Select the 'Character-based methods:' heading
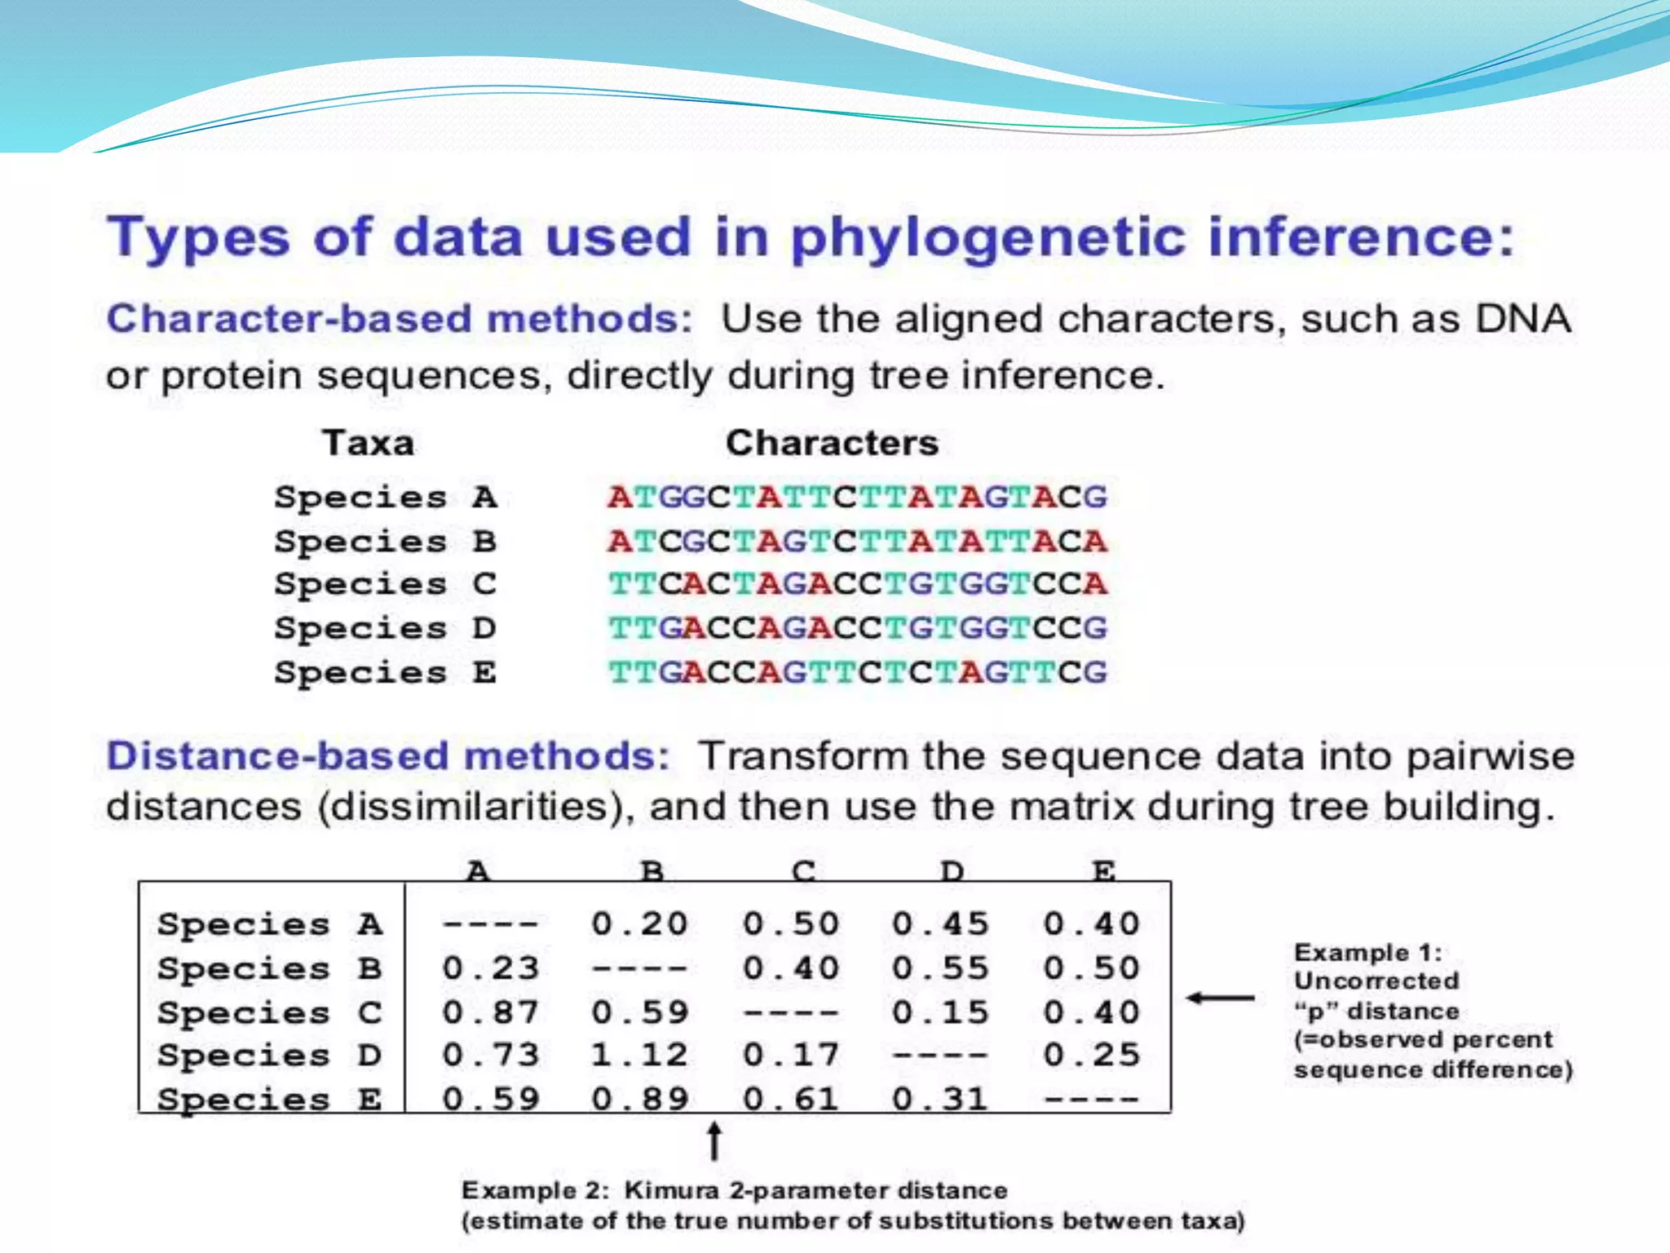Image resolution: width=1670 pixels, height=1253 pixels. pyautogui.click(x=400, y=318)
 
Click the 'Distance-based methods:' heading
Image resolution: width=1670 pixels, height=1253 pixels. pyautogui.click(x=388, y=755)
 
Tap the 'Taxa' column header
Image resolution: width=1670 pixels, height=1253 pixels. pyautogui.click(x=369, y=443)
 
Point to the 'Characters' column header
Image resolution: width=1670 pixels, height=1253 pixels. pyautogui.click(x=832, y=443)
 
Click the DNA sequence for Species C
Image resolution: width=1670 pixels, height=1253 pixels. pyautogui.click(x=858, y=584)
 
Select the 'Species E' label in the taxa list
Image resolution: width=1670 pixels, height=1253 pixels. pyautogui.click(x=385, y=673)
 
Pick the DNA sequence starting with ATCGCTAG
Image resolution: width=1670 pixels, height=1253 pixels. pyautogui.click(x=858, y=541)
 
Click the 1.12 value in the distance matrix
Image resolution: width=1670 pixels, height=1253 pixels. pyautogui.click(x=640, y=1055)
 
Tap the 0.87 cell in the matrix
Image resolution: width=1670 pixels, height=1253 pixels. pyautogui.click(x=491, y=1012)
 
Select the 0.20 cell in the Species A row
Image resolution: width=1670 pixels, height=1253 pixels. pyautogui.click(x=640, y=923)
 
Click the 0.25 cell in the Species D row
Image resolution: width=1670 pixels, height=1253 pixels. pyautogui.click(x=1091, y=1055)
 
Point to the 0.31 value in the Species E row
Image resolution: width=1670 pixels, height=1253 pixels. pyautogui.click(x=940, y=1099)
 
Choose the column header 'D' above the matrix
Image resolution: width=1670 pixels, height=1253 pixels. pyautogui.click(x=952, y=871)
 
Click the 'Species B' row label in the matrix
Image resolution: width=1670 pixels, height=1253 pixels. pyautogui.click(x=269, y=968)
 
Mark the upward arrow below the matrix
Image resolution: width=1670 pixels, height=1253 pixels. pyautogui.click(x=714, y=1140)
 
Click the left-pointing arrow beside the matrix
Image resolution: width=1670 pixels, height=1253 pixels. pyautogui.click(x=1220, y=998)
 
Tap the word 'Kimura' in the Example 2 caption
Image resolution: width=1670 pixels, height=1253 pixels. pyautogui.click(x=673, y=1190)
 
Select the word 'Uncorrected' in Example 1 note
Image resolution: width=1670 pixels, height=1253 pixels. pyautogui.click(x=1376, y=981)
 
